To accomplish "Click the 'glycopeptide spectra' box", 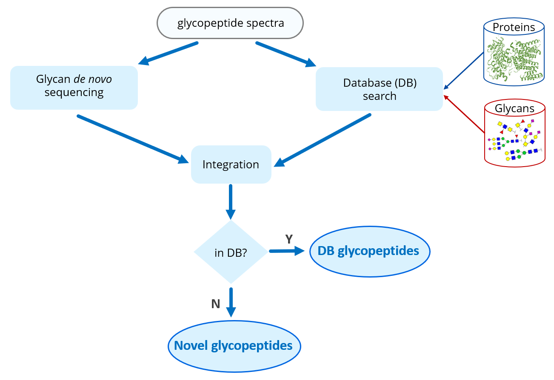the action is (230, 23).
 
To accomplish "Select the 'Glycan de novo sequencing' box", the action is (74, 88).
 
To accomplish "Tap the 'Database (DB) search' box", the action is (380, 89).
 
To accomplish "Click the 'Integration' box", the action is (231, 164).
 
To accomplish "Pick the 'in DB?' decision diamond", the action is (231, 252).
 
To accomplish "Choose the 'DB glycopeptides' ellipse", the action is (370, 252).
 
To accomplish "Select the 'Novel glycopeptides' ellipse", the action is (234, 346).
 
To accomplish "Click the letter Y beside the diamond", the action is (289, 239).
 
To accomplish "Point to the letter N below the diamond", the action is (216, 304).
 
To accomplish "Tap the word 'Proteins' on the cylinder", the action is (514, 27).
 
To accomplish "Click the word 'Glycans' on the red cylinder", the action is (515, 108).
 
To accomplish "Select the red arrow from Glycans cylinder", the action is (464, 114).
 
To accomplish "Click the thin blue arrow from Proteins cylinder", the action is (464, 71).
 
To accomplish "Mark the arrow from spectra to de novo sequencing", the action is (168, 53).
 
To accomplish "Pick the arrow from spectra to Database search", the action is (286, 54).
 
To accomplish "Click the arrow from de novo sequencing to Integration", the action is (133, 139).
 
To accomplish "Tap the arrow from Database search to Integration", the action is (323, 140).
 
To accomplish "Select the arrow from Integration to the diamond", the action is (231, 202).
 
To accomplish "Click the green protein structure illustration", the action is (514, 60).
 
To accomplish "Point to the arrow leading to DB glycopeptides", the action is (287, 251).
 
